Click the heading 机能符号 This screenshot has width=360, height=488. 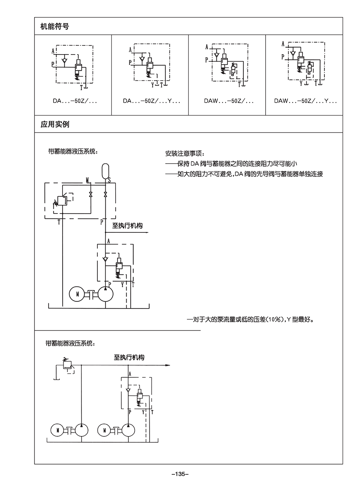click(55, 27)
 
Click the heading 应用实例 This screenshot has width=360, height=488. click(55, 124)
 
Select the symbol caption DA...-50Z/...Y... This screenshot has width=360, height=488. click(151, 101)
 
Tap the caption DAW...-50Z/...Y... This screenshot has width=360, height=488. click(305, 101)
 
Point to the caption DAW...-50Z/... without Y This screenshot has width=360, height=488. click(229, 101)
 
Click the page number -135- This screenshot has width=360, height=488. click(180, 474)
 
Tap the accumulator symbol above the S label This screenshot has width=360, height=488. click(105, 170)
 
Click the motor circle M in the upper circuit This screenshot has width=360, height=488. click(77, 294)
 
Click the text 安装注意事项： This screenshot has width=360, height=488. click(185, 154)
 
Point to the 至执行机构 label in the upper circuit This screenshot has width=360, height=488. click(127, 226)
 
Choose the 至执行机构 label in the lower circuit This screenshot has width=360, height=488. click(129, 357)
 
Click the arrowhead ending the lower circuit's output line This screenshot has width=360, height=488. click(167, 365)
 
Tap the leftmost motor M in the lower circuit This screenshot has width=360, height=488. click(58, 430)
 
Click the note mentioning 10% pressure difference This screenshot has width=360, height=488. click(250, 319)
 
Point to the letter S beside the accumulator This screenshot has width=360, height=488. click(110, 181)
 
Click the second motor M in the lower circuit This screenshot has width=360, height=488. click(105, 430)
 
